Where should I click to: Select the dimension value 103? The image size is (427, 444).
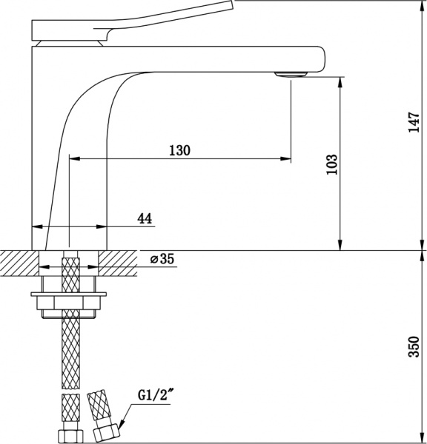pos(331,164)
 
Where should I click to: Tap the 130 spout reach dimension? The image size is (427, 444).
pos(179,150)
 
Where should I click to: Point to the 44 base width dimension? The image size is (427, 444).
pos(145,218)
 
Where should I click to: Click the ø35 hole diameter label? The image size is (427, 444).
pos(161,259)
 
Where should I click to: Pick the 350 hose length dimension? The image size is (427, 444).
pos(413,345)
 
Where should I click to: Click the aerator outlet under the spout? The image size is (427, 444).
pos(290,73)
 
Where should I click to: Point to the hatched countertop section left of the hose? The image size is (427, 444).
pos(20,261)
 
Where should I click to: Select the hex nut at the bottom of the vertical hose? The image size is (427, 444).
pos(70,433)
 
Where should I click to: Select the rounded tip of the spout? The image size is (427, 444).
pos(324,59)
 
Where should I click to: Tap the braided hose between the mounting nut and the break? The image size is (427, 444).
pos(70,348)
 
